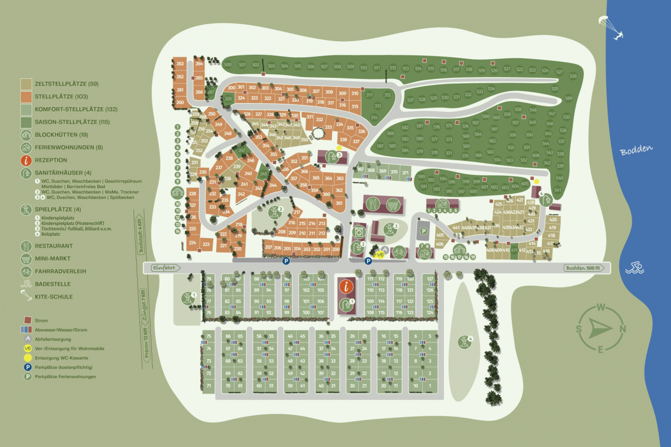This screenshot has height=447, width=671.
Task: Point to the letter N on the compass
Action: tap(623, 329)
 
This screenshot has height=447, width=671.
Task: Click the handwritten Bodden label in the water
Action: tap(636, 150)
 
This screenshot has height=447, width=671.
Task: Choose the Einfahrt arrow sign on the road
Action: tap(164, 268)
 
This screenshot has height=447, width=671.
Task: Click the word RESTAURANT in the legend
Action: tap(54, 246)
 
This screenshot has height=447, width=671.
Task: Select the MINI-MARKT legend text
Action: tap(53, 259)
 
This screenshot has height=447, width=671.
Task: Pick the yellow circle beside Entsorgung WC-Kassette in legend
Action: tap(27, 358)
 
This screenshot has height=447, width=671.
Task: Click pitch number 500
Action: tap(228, 64)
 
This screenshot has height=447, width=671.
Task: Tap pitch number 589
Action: tap(568, 98)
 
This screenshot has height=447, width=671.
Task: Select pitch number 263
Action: tap(180, 64)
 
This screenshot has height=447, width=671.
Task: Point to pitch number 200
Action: tap(335, 250)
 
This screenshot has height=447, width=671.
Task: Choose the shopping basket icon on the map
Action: tap(393, 204)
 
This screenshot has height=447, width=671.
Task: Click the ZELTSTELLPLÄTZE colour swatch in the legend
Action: tap(26, 84)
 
